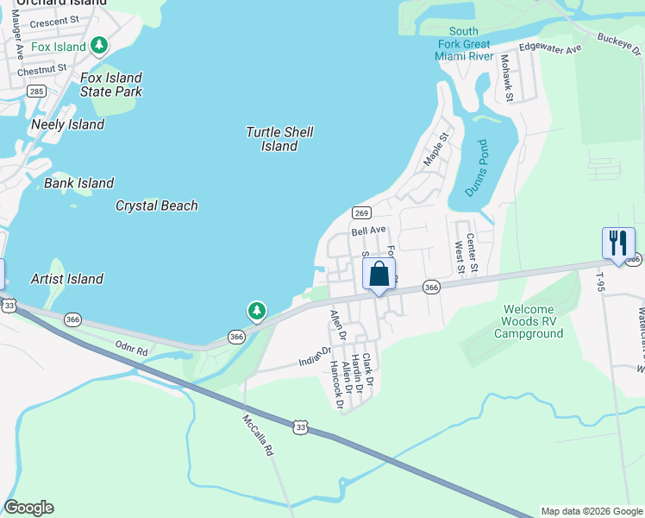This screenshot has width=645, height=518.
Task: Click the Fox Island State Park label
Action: [110, 85]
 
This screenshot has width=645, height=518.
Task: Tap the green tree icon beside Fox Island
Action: [100, 45]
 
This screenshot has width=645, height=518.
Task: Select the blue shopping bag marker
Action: [379, 275]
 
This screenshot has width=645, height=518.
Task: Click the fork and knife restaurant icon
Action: [618, 243]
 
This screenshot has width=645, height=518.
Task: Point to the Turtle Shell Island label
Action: [279, 139]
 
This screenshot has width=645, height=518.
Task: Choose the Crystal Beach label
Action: [157, 205]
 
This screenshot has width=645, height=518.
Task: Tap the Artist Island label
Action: [67, 279]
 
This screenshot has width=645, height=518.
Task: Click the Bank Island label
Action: [79, 183]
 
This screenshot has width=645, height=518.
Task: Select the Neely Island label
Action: [68, 124]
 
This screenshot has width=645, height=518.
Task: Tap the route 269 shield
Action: [361, 213]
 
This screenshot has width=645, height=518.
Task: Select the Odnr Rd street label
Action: [132, 347]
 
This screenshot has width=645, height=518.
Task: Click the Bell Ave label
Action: [368, 231]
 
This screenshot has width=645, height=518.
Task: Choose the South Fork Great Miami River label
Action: [464, 44]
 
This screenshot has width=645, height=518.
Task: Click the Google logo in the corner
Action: [28, 508]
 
